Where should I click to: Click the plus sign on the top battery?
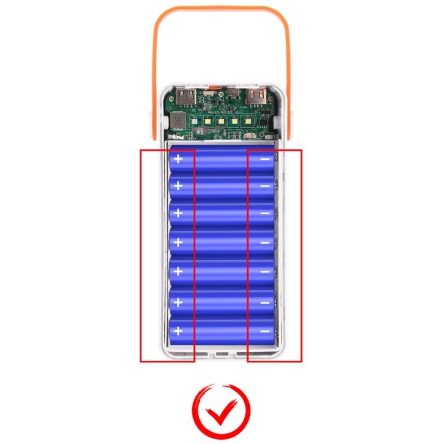click(x=178, y=159)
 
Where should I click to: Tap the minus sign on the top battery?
click(x=265, y=159)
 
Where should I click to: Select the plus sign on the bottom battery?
click(x=178, y=331)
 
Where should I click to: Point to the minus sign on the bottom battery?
click(x=265, y=331)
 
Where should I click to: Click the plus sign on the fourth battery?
click(x=178, y=243)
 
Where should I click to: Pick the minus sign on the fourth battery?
click(x=265, y=243)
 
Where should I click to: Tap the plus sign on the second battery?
click(x=178, y=185)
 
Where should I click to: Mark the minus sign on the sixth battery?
click(x=265, y=303)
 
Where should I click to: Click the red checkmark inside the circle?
click(x=221, y=411)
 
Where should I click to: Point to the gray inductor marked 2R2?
click(x=176, y=118)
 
